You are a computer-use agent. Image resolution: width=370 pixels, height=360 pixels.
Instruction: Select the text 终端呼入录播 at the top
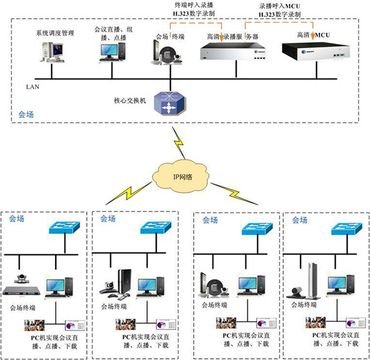[194, 5]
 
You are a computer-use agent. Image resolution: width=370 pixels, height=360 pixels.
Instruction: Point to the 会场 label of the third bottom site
[210, 220]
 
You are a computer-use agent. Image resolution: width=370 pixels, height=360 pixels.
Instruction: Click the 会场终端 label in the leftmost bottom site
[24, 307]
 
